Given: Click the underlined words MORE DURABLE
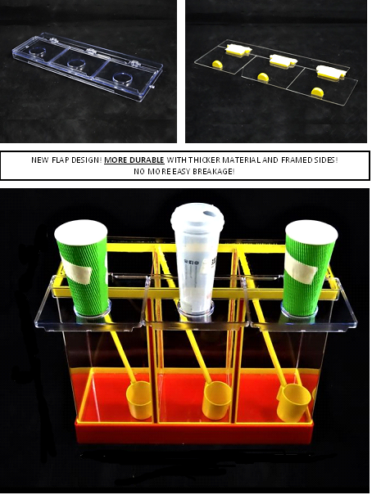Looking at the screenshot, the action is pyautogui.click(x=134, y=160).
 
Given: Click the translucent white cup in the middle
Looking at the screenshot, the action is pyautogui.click(x=197, y=262).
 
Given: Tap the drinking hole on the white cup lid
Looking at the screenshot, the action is pyautogui.click(x=209, y=214).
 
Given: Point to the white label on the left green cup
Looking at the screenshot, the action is pyautogui.click(x=78, y=269).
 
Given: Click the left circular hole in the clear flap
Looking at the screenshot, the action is pyautogui.click(x=38, y=52).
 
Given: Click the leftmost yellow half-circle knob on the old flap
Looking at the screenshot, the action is pyautogui.click(x=217, y=64).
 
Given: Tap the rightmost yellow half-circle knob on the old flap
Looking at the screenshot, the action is pyautogui.click(x=317, y=92).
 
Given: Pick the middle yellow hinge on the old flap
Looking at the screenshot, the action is pyautogui.click(x=281, y=61).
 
